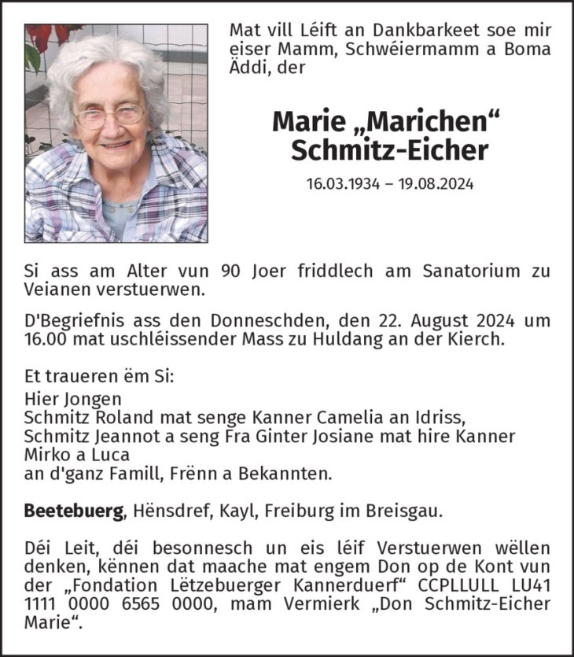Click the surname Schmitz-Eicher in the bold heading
(389, 151)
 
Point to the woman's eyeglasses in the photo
(109, 117)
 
